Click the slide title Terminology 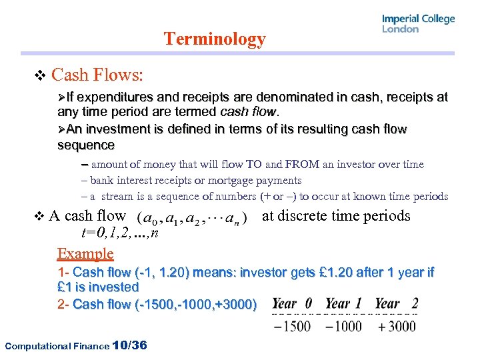pos(215,39)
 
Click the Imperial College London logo pos(418,24)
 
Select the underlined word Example pos(85,253)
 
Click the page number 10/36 pos(130,345)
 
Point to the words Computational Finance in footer pos(56,345)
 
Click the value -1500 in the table pos(292,326)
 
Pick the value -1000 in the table pos(343,326)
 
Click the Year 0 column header pos(292,303)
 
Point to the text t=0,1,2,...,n pos(119,233)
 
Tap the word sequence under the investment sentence pos(86,145)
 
